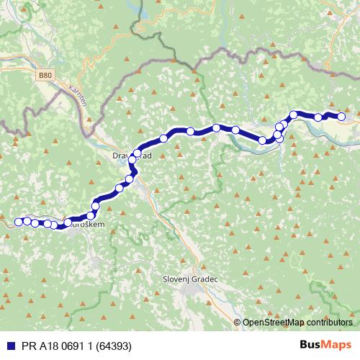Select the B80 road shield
click(46, 74)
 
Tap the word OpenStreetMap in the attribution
click(274, 323)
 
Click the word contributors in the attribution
click(328, 323)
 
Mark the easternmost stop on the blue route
click(341, 117)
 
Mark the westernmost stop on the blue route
click(18, 221)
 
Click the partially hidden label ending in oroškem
click(89, 225)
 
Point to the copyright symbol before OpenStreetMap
click(238, 323)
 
